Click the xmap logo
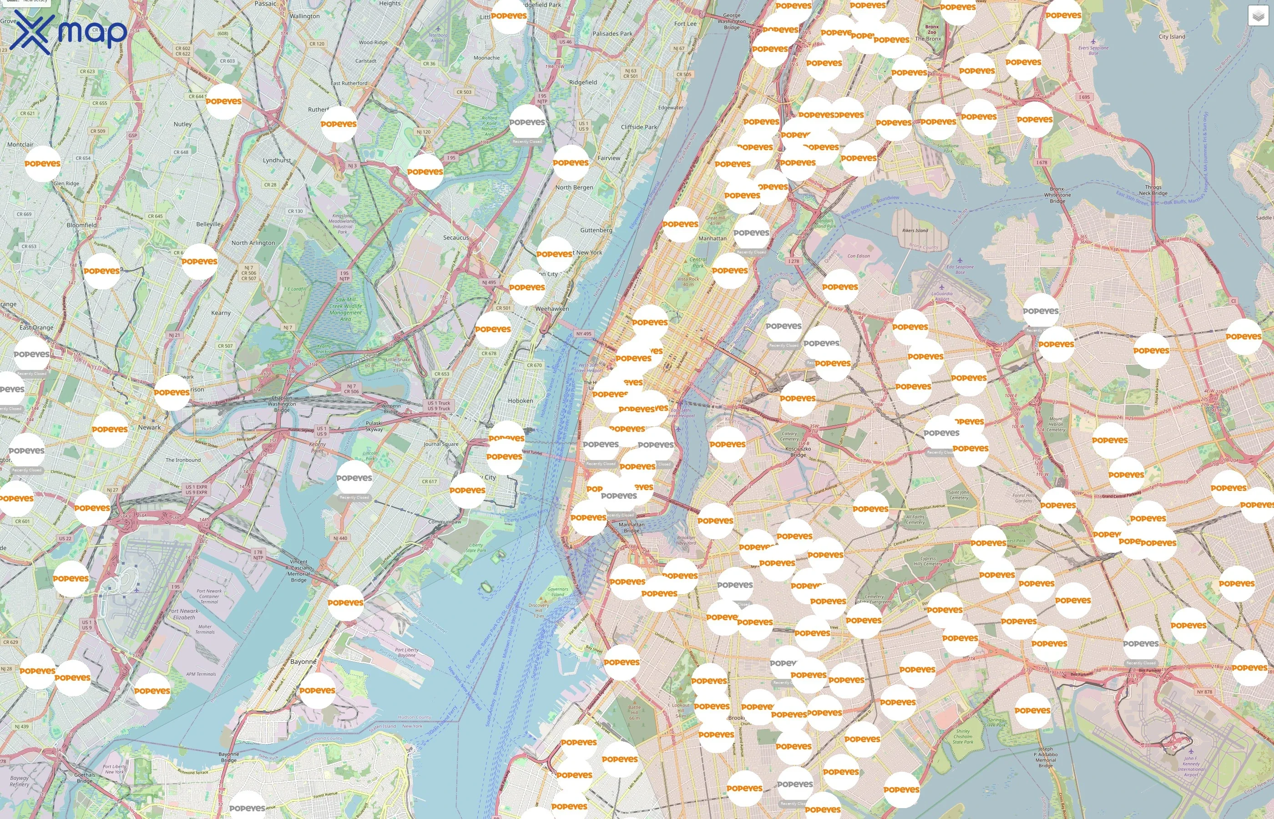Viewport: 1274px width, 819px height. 68,32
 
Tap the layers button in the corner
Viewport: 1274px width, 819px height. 1258,16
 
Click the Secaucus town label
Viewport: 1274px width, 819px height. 456,238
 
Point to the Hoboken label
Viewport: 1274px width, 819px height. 520,401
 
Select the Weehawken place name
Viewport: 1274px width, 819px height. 552,308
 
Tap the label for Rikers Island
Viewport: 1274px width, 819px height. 915,230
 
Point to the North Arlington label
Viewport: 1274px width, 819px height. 253,243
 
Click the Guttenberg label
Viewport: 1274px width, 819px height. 596,230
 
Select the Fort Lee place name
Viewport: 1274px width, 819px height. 685,24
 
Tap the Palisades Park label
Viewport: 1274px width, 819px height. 612,34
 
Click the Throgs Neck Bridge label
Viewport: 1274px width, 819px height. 1153,190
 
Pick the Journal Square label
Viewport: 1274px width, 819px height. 441,444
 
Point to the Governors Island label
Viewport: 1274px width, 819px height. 557,592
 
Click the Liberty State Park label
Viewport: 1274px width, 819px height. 475,548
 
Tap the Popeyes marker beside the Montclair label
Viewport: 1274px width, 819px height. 42,164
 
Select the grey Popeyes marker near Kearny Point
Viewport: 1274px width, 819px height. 354,478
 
